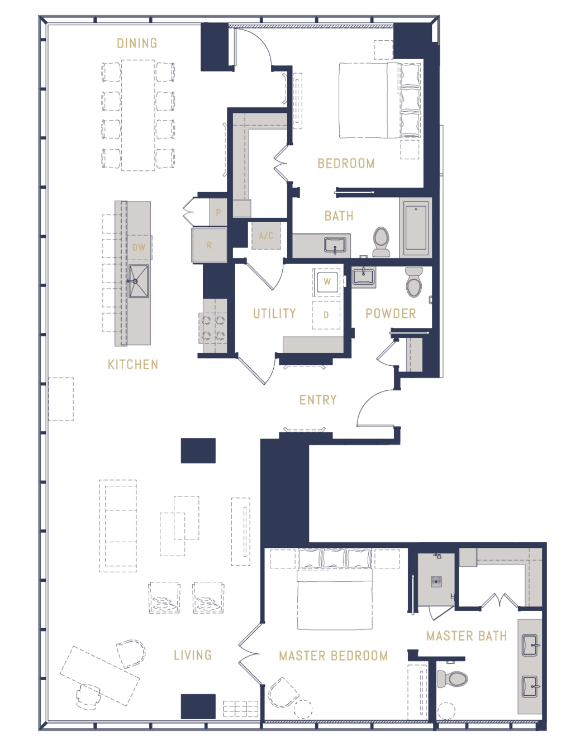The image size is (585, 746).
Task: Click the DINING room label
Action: click(x=137, y=43)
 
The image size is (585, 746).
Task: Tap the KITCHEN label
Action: click(x=133, y=365)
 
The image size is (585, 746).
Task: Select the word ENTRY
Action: click(x=318, y=400)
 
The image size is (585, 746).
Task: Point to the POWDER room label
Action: click(x=391, y=313)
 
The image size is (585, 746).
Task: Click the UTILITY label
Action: click(x=274, y=313)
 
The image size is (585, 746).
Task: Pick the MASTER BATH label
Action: click(x=467, y=636)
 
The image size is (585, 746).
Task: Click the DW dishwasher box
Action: click(x=139, y=247)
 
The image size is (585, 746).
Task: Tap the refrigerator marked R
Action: click(x=209, y=245)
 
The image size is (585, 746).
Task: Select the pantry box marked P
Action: click(x=218, y=212)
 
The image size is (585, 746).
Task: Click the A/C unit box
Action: click(x=266, y=236)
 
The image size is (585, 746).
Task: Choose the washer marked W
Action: click(x=327, y=282)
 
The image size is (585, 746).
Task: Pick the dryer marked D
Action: click(x=326, y=315)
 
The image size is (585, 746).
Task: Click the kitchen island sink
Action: click(x=139, y=281)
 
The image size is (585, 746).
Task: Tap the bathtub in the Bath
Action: click(x=416, y=227)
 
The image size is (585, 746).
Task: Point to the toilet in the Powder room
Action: click(x=414, y=282)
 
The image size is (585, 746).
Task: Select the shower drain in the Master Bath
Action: click(x=436, y=581)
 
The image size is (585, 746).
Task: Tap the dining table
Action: click(x=138, y=116)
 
